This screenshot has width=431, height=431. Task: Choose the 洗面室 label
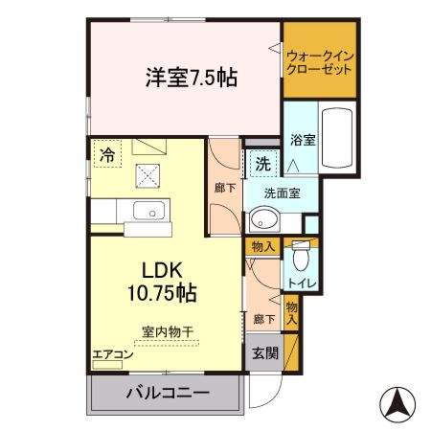click(283, 192)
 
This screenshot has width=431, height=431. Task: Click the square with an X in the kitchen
click(148, 175)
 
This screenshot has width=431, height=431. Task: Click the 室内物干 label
click(168, 331)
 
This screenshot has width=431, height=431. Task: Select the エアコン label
click(113, 355)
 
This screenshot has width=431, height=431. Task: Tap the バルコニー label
click(168, 393)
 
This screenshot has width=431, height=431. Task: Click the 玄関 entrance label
click(265, 352)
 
